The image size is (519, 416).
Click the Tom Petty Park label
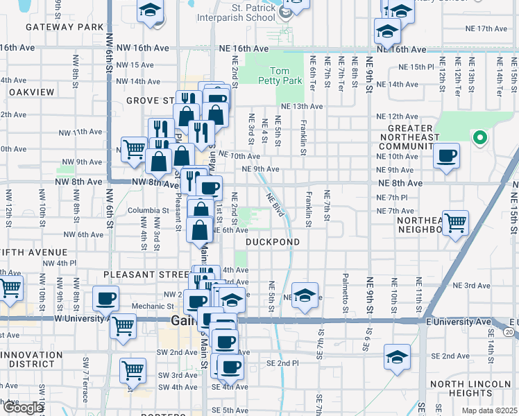[x=289, y=76]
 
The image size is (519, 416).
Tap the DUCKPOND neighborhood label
[x=273, y=242]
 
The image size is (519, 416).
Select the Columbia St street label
[x=148, y=210]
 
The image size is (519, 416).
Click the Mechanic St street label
[x=148, y=306]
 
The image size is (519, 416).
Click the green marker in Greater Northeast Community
[x=479, y=138]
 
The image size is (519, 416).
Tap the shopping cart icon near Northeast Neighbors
[x=456, y=223]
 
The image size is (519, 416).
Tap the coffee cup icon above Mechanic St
[x=105, y=298]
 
